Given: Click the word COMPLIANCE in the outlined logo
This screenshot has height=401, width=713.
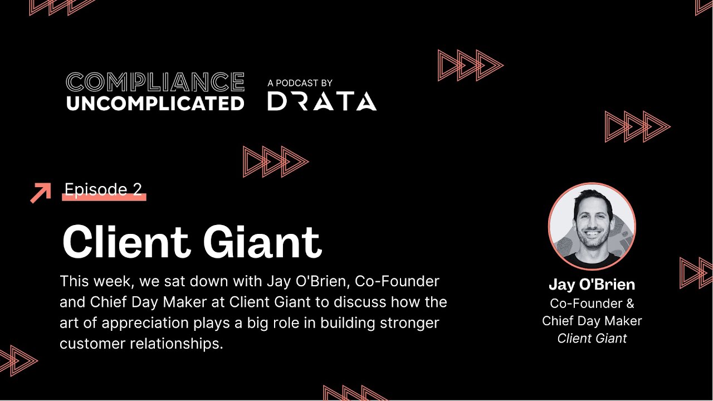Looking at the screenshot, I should [x=155, y=82].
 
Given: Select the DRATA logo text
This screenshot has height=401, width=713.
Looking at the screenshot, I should [x=322, y=101].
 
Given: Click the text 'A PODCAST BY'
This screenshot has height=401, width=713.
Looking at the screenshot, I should [x=300, y=83].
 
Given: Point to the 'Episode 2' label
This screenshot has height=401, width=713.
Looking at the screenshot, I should [x=103, y=189].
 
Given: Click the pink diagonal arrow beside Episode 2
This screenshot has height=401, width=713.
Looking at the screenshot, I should [x=40, y=193].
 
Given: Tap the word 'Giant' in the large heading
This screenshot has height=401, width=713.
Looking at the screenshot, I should [x=262, y=242].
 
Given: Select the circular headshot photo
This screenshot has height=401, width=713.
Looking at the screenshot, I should [x=592, y=226].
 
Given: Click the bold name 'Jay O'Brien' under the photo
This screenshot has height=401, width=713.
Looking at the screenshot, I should [x=592, y=285].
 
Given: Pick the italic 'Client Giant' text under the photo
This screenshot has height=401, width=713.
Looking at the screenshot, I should [x=592, y=338].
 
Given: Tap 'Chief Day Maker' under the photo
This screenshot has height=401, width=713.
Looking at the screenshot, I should [x=592, y=321].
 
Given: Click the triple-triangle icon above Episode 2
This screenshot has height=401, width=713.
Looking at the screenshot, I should [x=276, y=162].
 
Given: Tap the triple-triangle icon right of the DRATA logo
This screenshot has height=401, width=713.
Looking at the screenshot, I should [x=470, y=65].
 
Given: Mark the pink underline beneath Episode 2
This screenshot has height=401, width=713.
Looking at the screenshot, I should [x=104, y=197].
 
